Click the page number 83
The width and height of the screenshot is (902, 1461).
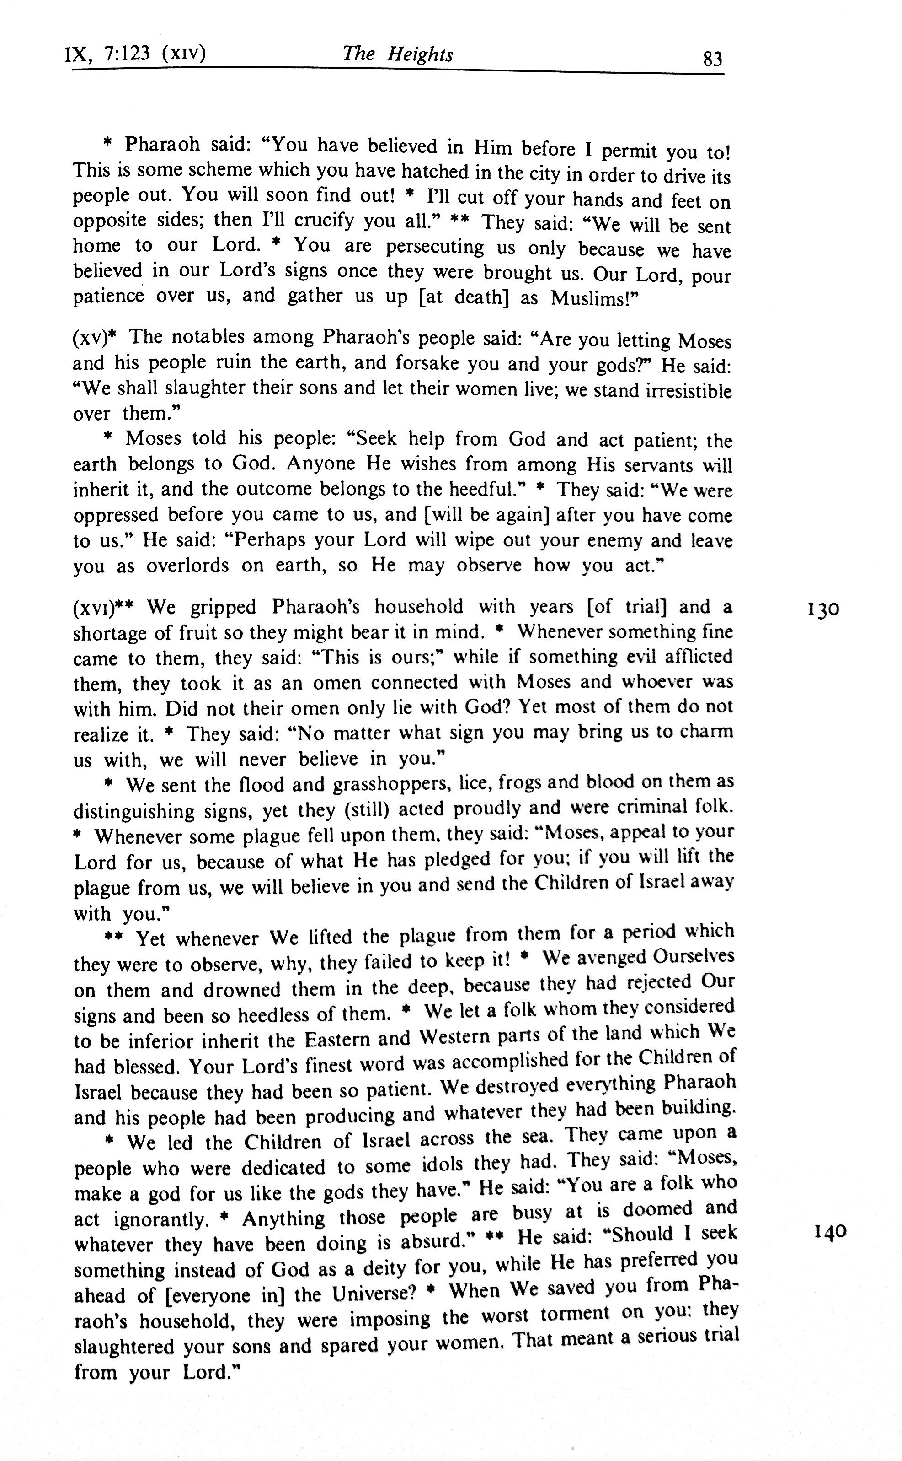(712, 59)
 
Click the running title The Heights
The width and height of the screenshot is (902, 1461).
(397, 54)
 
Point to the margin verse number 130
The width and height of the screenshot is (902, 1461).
(824, 609)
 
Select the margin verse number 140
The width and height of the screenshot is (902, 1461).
(830, 1231)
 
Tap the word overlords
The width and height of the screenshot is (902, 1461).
(187, 566)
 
